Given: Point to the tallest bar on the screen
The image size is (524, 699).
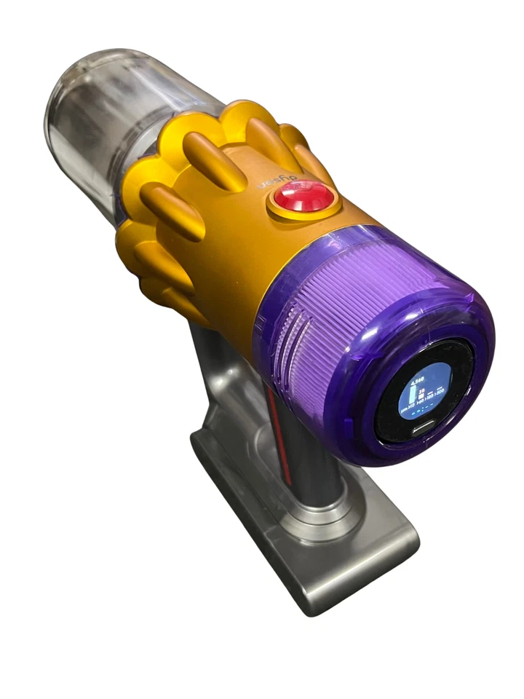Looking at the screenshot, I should point(413,393).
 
